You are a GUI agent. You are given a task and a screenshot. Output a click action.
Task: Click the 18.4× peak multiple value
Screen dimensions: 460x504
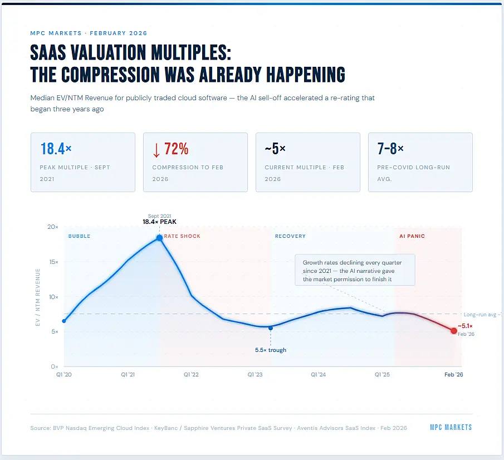pos(56,149)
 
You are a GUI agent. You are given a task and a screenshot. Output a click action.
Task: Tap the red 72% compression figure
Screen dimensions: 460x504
pos(170,149)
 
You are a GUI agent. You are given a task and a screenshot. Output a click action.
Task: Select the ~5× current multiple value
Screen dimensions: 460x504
pos(275,149)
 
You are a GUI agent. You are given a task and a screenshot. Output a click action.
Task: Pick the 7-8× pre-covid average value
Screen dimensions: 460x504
pos(390,149)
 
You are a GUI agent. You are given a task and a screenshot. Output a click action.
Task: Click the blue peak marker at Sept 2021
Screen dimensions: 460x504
pos(159,238)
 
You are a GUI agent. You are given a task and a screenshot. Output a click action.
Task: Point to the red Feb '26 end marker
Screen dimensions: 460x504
pos(454,331)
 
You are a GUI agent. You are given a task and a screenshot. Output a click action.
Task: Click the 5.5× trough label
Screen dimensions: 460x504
pos(271,350)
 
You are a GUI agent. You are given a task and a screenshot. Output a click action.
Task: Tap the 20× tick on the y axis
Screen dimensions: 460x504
pos(53,227)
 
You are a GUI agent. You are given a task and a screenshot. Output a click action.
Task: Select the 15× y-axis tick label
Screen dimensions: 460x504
pos(53,262)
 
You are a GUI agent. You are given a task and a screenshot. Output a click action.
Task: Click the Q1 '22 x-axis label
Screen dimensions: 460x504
pos(192,375)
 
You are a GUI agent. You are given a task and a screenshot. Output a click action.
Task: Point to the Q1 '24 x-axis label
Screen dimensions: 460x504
pos(319,375)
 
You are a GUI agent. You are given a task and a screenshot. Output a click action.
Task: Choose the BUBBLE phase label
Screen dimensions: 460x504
pos(79,236)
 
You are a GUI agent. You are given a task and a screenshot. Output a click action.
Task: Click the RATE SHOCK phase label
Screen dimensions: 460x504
pos(182,236)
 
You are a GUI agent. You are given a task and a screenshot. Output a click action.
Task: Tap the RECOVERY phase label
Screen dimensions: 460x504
pos(290,236)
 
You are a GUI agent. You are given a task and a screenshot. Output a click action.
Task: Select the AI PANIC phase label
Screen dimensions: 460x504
pos(412,236)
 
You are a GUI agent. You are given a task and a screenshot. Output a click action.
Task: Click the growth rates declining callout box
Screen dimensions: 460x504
pos(355,271)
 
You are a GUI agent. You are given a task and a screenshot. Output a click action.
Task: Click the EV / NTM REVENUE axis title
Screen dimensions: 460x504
pos(38,297)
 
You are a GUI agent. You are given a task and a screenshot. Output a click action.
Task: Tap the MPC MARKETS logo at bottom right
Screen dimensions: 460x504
pos(451,427)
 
